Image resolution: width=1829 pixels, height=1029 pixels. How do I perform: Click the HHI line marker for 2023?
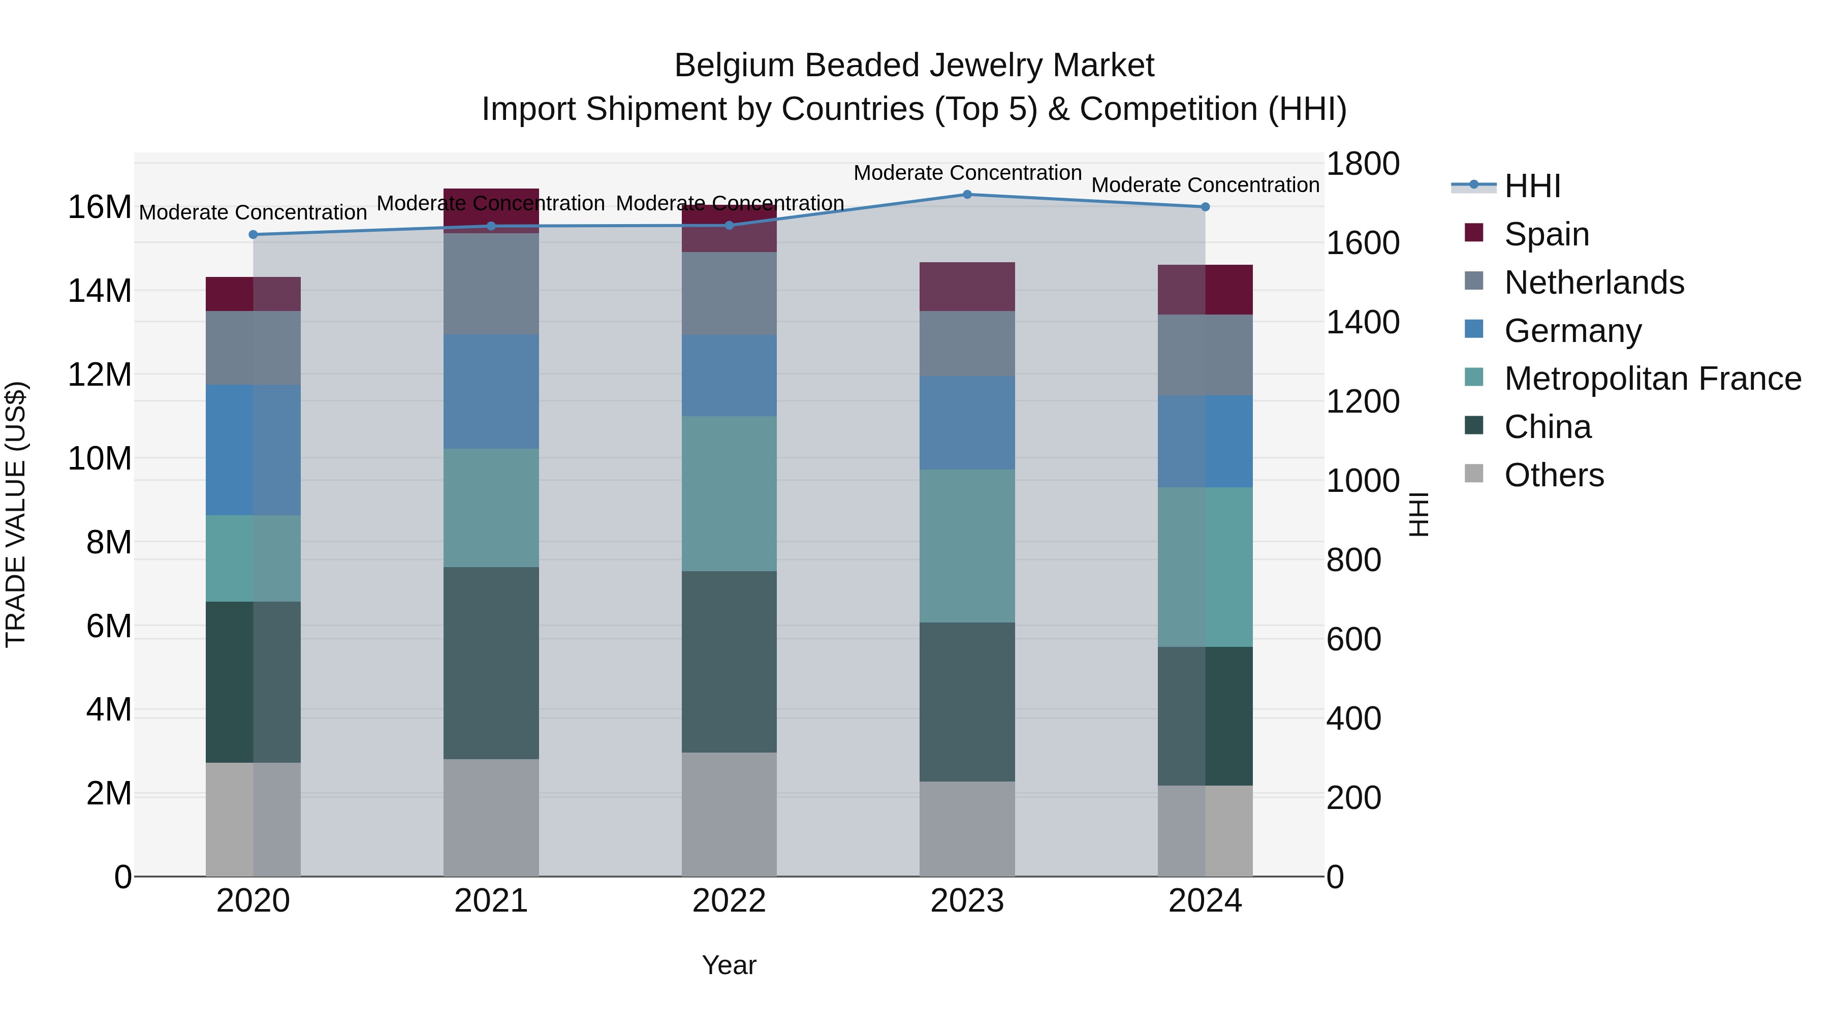pos(967,194)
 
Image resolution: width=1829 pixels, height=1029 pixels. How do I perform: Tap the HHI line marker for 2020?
pos(253,234)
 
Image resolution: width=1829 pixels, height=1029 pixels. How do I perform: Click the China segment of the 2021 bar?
pos(491,663)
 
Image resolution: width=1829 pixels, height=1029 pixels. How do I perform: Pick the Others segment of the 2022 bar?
pos(729,814)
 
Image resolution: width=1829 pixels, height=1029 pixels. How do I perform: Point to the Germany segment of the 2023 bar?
pos(967,423)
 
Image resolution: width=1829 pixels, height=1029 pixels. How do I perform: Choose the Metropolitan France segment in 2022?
pos(729,493)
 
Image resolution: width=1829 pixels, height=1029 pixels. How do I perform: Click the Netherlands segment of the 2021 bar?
pos(491,284)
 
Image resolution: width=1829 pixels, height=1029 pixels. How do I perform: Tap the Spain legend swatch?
pos(1474,233)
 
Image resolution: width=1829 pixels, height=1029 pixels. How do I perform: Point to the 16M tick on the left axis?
pos(100,207)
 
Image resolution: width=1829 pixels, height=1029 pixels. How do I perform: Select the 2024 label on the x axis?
pos(1205,901)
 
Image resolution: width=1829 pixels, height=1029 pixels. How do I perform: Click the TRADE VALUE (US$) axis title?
pos(16,514)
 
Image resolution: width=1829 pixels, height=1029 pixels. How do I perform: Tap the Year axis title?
pos(729,965)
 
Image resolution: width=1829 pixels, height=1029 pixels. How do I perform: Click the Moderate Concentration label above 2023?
pos(967,173)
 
